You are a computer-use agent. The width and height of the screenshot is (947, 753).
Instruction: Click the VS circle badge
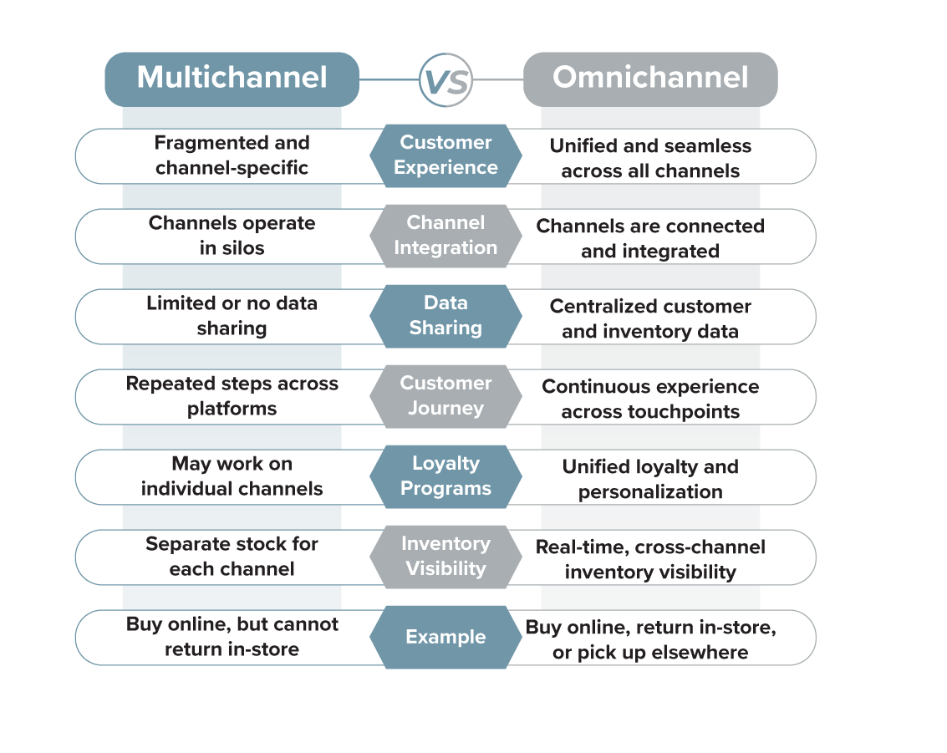click(445, 81)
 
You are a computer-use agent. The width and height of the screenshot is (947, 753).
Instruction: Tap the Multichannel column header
click(232, 78)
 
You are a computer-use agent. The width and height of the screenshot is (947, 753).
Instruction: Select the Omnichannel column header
click(650, 78)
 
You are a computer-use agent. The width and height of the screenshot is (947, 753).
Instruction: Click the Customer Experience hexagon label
click(445, 155)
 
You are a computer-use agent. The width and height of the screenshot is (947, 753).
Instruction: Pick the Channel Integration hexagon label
click(445, 235)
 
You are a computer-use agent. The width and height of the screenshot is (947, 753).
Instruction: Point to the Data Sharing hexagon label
click(445, 315)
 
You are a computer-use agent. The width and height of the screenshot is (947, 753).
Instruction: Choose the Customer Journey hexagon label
click(445, 395)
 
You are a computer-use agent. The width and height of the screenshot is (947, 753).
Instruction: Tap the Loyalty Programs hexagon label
click(445, 476)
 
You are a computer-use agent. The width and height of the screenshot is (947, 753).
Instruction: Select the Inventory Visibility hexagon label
click(445, 556)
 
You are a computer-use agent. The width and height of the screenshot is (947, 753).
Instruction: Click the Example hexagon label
click(445, 637)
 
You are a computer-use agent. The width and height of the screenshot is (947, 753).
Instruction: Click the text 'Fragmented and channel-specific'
click(232, 155)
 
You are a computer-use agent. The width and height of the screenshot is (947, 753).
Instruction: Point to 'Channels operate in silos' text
click(232, 235)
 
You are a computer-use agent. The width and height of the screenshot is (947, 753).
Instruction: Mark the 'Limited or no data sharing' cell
click(232, 315)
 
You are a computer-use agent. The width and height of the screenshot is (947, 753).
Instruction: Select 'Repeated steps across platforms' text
click(232, 395)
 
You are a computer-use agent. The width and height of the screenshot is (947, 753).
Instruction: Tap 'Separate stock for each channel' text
click(232, 556)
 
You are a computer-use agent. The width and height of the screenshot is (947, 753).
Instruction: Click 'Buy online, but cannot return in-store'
click(232, 636)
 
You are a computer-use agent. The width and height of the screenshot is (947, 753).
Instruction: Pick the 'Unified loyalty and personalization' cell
click(650, 479)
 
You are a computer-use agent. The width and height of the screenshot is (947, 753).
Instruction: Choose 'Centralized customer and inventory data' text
click(650, 318)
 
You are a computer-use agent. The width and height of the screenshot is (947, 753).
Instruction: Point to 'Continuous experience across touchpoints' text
click(650, 399)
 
